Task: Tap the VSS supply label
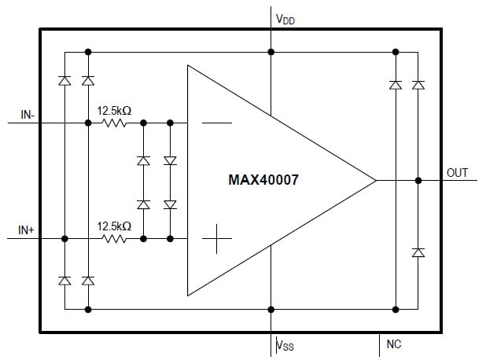tap(285, 344)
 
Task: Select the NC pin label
tap(394, 344)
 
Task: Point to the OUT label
tap(457, 172)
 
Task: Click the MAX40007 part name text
tap(263, 179)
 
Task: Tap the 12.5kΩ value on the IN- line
tap(114, 111)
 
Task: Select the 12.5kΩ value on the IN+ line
tap(114, 226)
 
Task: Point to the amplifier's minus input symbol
tap(216, 123)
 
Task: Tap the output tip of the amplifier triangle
tap(376, 180)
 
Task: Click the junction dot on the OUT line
tap(418, 180)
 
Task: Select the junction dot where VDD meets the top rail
tap(271, 52)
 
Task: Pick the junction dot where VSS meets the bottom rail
tap(271, 309)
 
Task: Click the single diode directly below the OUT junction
tap(418, 252)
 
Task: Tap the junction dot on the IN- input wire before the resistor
tap(88, 123)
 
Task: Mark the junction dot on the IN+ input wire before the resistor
tap(64, 238)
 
